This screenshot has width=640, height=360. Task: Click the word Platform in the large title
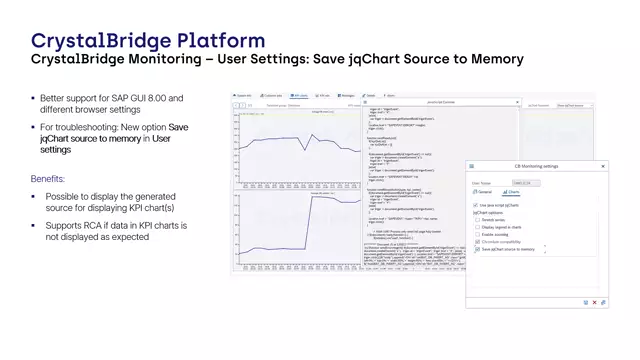click(x=221, y=41)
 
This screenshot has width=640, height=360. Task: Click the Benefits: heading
click(x=54, y=179)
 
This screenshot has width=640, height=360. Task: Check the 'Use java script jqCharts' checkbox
click(x=475, y=204)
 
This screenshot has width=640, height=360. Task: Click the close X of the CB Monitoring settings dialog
click(x=603, y=167)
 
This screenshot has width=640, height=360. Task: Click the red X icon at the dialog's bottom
click(x=594, y=302)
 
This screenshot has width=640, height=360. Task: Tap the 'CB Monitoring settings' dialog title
click(x=536, y=167)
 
